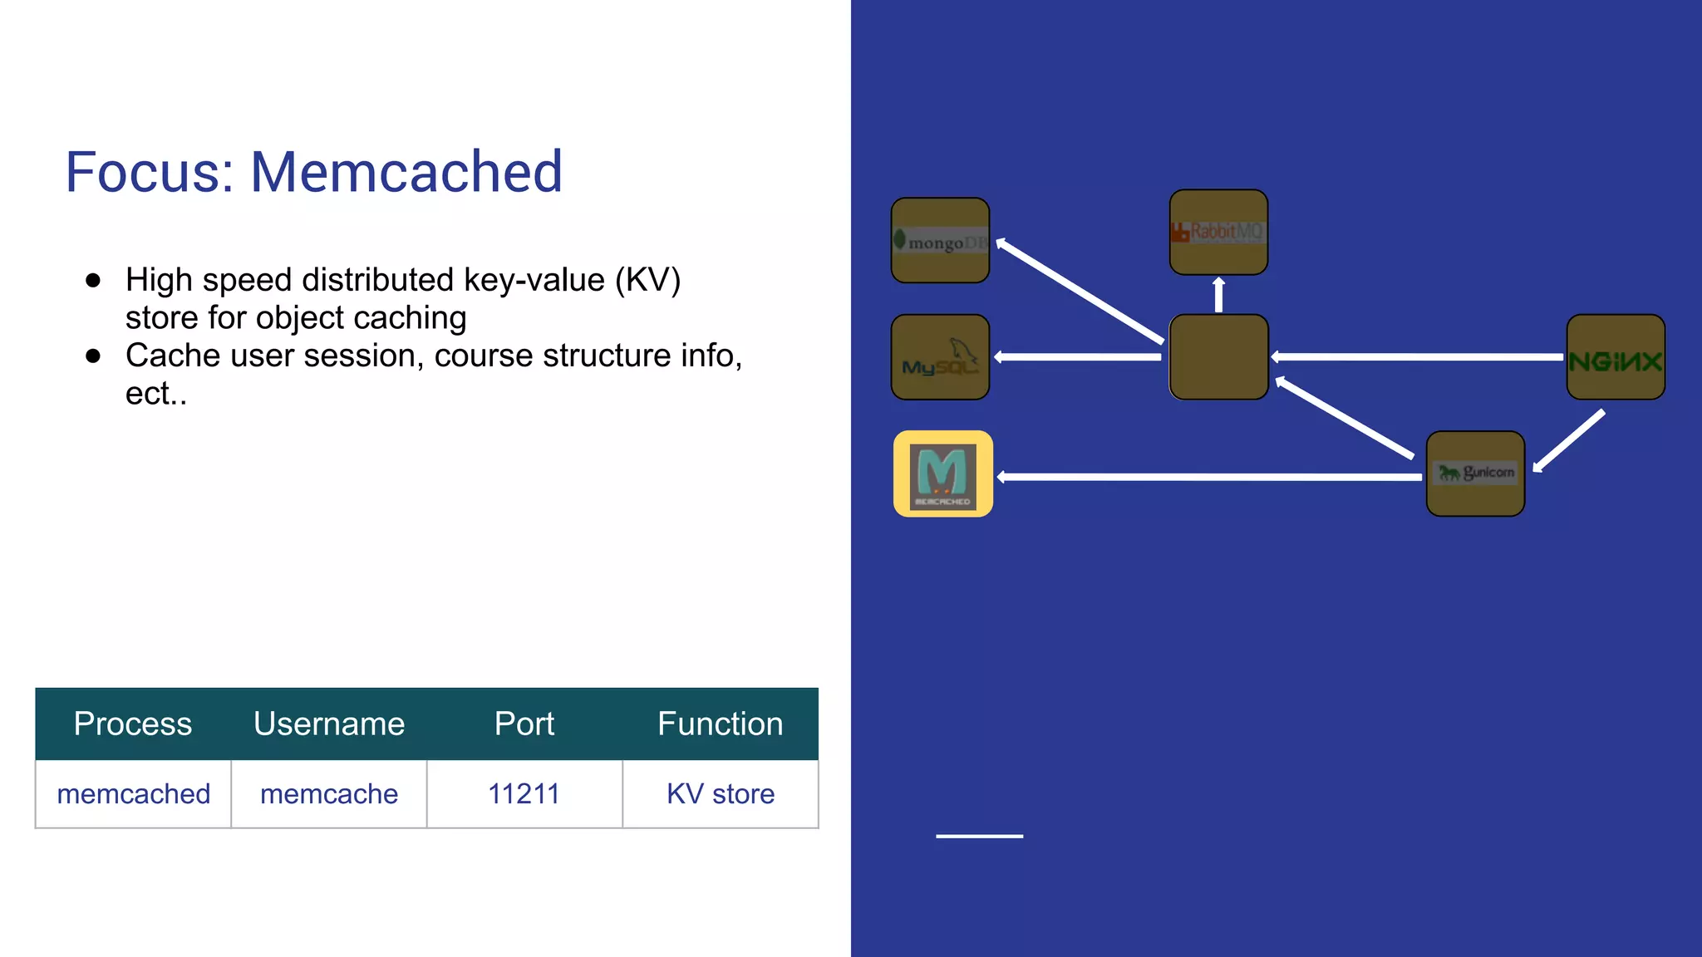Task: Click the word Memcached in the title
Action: coord(406,172)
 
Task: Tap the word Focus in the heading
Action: coord(150,172)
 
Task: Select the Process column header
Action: coord(133,724)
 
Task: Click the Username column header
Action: coord(329,724)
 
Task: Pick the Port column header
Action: coord(524,724)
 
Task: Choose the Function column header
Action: coord(720,724)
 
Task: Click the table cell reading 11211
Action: coord(524,794)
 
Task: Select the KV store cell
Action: coord(720,794)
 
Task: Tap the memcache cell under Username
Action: coord(329,794)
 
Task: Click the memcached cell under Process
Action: coord(133,794)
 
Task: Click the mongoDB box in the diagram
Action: coord(940,240)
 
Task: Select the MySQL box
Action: coord(940,357)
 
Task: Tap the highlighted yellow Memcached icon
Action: coord(943,474)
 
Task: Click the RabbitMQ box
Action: coord(1218,232)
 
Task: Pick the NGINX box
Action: coord(1616,357)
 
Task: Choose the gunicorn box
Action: coord(1475,474)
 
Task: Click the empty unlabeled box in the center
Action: coord(1218,357)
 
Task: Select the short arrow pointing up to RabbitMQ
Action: coord(1218,295)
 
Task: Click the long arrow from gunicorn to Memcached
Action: coord(1209,477)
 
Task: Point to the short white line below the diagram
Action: coord(979,836)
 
